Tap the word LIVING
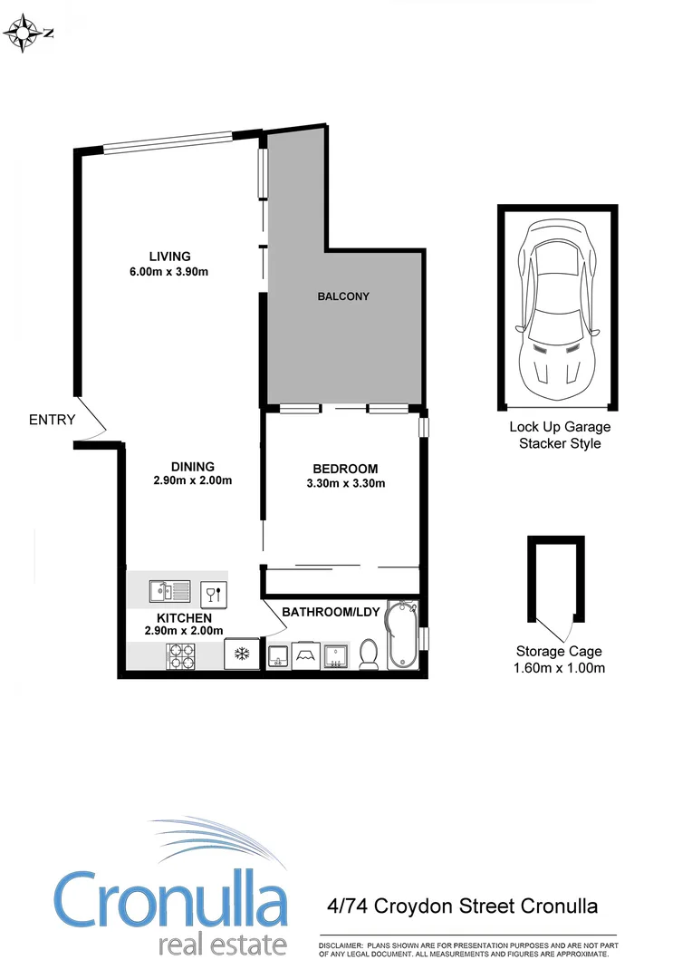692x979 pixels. (x=170, y=256)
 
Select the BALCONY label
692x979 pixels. (x=343, y=296)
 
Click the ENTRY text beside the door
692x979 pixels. (x=52, y=420)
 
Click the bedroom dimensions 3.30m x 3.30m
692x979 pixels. (x=345, y=483)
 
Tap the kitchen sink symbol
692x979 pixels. (x=170, y=593)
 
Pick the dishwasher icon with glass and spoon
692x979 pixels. (x=214, y=595)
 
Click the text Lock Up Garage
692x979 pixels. (x=560, y=427)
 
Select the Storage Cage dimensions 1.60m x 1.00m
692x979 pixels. (x=560, y=668)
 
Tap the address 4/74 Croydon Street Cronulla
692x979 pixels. (x=462, y=906)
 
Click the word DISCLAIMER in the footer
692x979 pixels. (x=340, y=945)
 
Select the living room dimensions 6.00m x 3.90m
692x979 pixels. (x=170, y=271)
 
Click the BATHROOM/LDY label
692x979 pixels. (x=330, y=612)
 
